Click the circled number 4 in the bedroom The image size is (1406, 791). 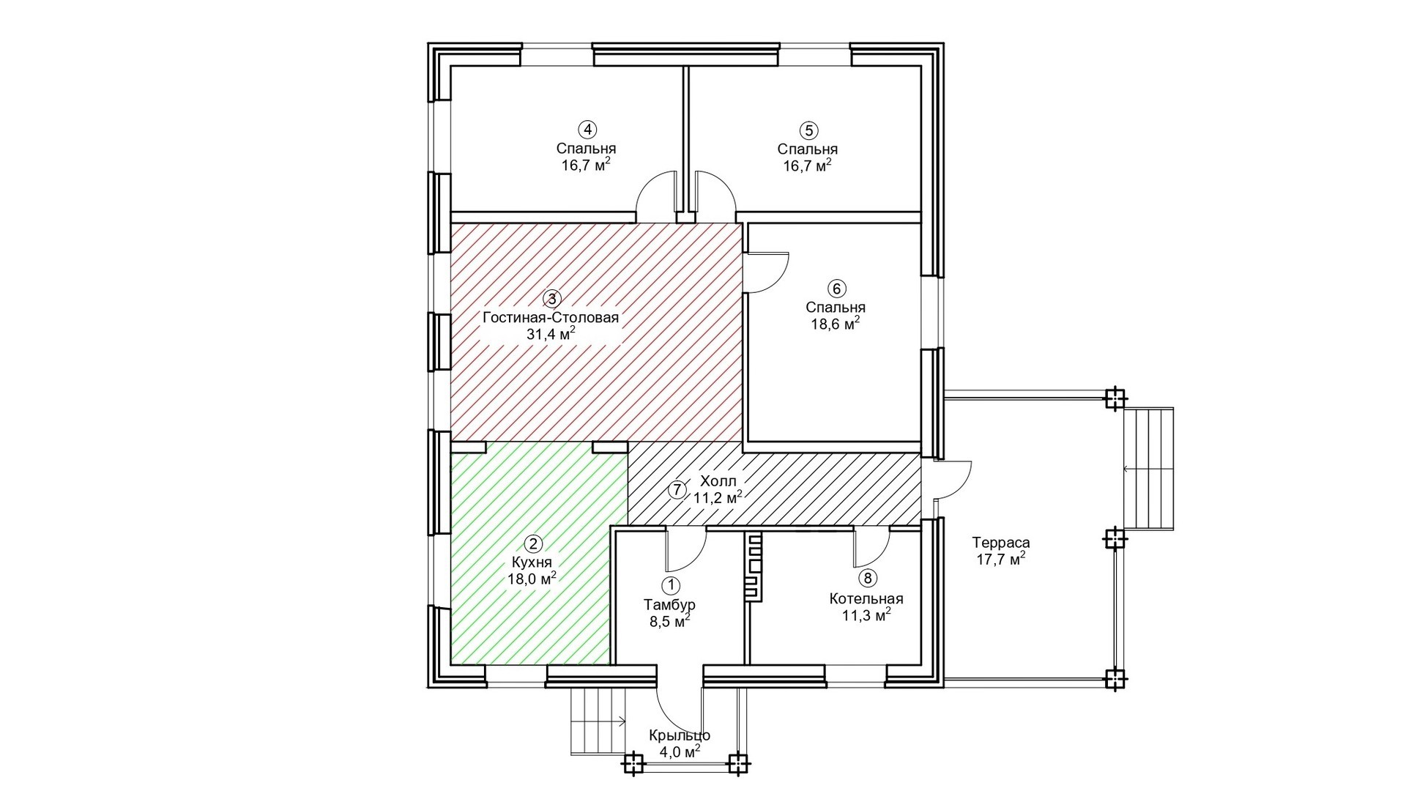pyautogui.click(x=587, y=130)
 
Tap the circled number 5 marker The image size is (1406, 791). pyautogui.click(x=808, y=131)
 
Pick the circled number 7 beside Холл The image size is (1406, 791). pyautogui.click(x=679, y=490)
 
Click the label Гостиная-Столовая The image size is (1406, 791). pyautogui.click(x=551, y=318)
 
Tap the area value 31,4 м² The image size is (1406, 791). pyautogui.click(x=551, y=334)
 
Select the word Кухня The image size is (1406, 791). pyautogui.click(x=532, y=562)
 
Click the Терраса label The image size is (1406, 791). pyautogui.click(x=1001, y=543)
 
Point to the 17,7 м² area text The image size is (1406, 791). pyautogui.click(x=1001, y=560)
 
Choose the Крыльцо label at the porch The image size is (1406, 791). pyautogui.click(x=680, y=735)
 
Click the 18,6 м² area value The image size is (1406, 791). pyautogui.click(x=836, y=324)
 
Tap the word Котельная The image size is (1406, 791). pyautogui.click(x=866, y=598)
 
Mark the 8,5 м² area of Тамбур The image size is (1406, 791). pyautogui.click(x=670, y=621)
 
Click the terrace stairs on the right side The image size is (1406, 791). pyautogui.click(x=1150, y=469)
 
